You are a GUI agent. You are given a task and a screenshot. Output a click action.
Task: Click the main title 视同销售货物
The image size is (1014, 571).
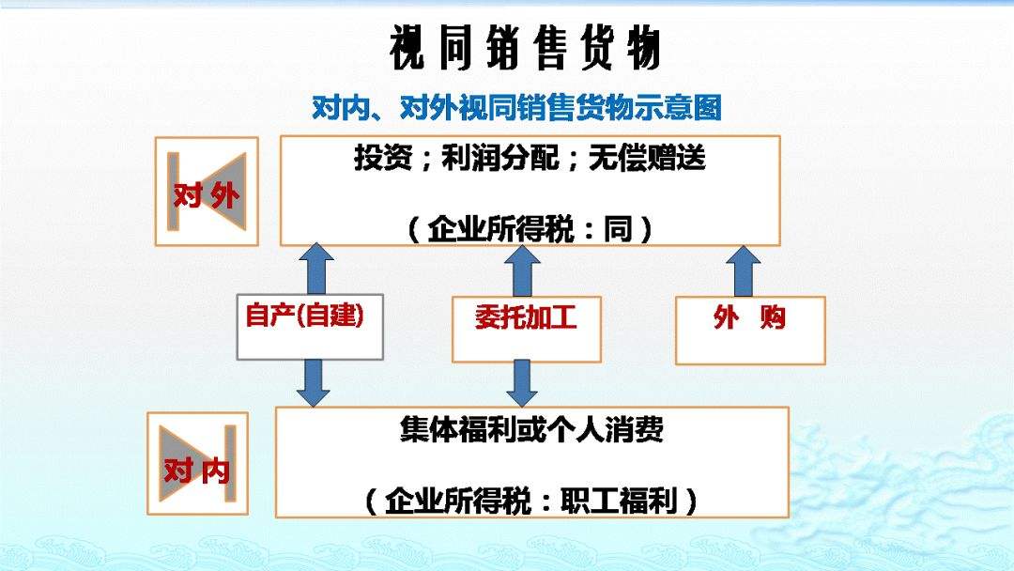pos(525,47)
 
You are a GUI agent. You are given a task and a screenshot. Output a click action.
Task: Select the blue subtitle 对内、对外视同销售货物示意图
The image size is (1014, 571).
pos(516,107)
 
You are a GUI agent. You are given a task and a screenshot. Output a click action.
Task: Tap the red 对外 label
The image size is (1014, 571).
pos(207,194)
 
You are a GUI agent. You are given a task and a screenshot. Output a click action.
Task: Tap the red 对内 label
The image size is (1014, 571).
pos(196,471)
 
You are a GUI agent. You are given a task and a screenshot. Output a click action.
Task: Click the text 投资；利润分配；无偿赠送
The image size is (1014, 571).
pos(530,158)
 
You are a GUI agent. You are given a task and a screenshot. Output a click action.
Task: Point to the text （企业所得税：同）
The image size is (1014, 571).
pos(530,229)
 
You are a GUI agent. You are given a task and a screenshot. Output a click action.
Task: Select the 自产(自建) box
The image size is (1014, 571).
pos(310,327)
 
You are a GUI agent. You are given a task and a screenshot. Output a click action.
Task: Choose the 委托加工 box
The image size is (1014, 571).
pos(527,329)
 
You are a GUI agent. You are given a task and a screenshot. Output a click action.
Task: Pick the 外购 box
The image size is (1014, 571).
pos(750,331)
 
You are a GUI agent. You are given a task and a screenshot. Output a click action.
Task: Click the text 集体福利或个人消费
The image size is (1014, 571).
pos(531,429)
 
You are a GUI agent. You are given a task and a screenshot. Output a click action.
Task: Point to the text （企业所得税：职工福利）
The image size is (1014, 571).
pos(531,501)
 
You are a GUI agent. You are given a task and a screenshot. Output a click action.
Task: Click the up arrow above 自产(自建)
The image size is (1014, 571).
pos(316,269)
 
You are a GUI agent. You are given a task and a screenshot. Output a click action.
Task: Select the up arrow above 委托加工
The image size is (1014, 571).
pos(522,271)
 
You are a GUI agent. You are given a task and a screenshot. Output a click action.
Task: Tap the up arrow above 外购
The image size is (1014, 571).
pos(743,271)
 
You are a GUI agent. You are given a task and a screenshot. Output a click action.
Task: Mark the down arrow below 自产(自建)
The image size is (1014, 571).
pos(313,383)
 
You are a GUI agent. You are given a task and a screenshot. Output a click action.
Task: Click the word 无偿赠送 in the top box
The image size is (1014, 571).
pos(647,158)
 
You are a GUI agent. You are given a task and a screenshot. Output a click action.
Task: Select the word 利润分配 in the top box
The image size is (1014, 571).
pos(500,158)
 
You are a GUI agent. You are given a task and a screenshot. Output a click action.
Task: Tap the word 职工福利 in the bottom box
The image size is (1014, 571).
pos(619,501)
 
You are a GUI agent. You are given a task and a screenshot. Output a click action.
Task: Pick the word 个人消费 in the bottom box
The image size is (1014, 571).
pos(606,429)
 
